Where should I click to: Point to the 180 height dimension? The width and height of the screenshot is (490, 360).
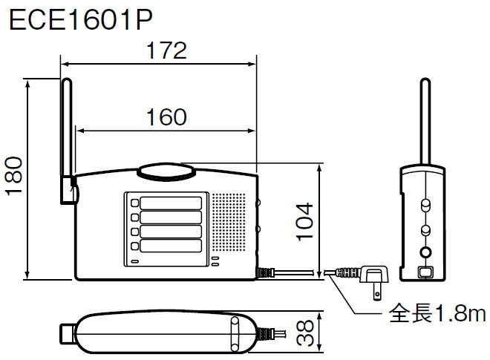click(14, 176)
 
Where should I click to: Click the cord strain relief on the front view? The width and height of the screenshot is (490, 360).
click(264, 272)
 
